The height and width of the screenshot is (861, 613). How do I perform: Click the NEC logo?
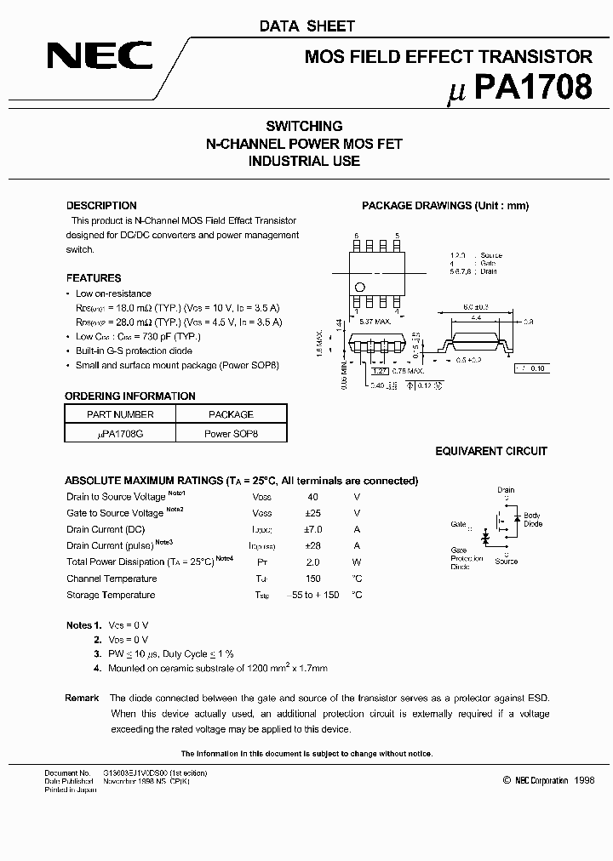coord(99,57)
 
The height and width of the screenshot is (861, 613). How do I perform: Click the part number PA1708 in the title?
coord(530,88)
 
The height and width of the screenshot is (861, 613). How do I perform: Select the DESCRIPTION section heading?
coord(101,206)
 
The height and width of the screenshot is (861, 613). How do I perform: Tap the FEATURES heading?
coord(94,278)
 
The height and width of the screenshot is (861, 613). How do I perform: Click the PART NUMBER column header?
coord(121,414)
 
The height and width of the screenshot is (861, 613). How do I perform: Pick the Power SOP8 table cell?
coord(231,433)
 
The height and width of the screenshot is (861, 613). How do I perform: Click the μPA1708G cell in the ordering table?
coord(121,433)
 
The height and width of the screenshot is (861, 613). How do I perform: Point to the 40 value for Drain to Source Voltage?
coord(312,497)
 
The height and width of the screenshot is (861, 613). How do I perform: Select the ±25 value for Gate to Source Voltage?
coord(312,513)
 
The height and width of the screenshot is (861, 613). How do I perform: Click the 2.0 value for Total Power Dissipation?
coord(312,562)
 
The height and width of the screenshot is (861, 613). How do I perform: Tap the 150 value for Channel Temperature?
coord(312,579)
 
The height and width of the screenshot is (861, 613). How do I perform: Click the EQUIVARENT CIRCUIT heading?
coord(491,452)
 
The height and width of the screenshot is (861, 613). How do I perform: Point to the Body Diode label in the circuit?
coord(532,520)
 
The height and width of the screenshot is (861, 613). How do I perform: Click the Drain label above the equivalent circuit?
coord(506,490)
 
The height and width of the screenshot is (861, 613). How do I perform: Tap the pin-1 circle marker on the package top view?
coord(360,287)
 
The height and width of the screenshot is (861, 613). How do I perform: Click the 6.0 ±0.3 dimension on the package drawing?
coord(476,306)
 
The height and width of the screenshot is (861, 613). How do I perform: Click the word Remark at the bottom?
coord(83,698)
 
